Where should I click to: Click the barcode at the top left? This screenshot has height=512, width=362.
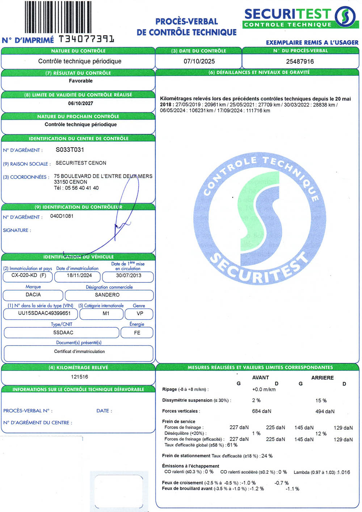coord(58,17)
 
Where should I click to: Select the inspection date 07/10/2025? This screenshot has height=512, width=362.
coord(199,61)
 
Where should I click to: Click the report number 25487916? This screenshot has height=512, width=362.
coord(300,61)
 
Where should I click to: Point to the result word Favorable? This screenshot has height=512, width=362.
coord(81,81)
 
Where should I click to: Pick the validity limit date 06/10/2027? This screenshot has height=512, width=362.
coord(81,103)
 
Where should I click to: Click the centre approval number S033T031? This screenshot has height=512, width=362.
coord(70,150)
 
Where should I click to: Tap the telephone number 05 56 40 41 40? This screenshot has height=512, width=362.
coord(82,188)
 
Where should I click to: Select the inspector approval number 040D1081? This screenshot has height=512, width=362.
coord(62,216)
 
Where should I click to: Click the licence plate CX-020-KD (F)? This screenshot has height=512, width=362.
coord(29,275)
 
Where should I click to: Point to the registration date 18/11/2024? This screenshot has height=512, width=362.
coord(79,275)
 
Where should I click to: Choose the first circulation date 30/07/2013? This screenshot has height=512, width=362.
coord(129,275)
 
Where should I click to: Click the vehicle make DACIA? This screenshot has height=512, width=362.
coord(33,295)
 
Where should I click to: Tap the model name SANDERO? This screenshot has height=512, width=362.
coord(107,295)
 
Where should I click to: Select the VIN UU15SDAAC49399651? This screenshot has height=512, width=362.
coord(45,313)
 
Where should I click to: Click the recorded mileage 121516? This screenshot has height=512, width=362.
coord(79,377)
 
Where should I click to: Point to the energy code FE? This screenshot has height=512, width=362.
coord(137,333)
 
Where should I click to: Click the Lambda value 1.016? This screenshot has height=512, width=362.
coord(344,472)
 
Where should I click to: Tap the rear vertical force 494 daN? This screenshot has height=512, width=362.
coord(325,411)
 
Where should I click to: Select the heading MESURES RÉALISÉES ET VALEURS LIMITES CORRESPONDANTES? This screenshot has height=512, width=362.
coord(260,367)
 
